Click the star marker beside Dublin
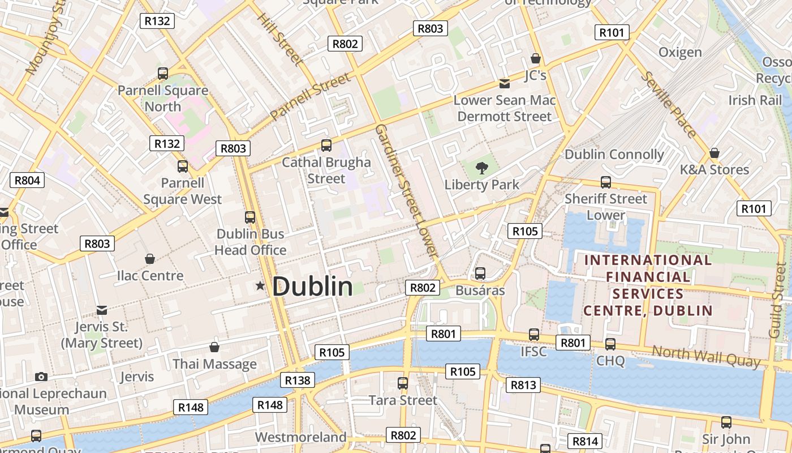(x=260, y=286)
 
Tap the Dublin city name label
(x=312, y=287)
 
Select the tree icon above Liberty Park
(x=482, y=168)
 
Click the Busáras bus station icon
(x=480, y=273)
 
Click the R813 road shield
(x=523, y=386)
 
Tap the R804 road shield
(x=27, y=181)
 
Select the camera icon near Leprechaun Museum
(x=41, y=377)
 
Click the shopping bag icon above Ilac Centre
(x=150, y=259)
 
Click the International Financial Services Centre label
(x=648, y=285)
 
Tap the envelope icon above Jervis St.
(x=102, y=310)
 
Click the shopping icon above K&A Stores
(x=714, y=153)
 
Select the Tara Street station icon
(x=403, y=383)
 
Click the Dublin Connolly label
(x=614, y=154)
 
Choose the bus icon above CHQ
(x=610, y=344)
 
